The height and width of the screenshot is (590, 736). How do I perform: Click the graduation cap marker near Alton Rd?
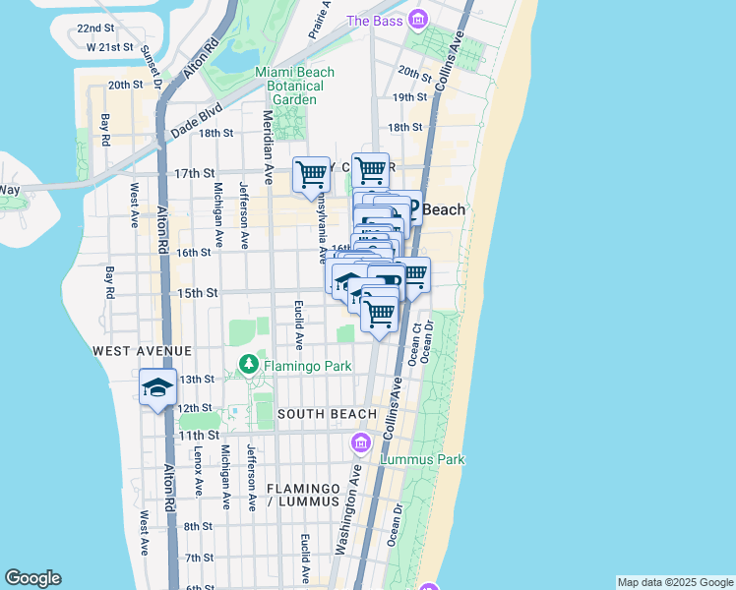[157, 387]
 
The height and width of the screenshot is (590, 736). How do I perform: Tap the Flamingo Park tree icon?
[249, 366]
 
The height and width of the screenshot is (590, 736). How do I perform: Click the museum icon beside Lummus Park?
[361, 445]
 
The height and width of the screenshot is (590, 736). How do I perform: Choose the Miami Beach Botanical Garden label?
[294, 86]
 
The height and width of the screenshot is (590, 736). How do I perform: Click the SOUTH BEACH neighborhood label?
[327, 414]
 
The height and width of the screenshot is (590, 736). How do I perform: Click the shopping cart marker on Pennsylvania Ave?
[312, 174]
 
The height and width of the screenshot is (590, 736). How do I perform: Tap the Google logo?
[32, 578]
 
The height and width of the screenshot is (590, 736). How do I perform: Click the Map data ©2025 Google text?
[674, 582]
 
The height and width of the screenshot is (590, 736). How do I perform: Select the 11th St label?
[198, 435]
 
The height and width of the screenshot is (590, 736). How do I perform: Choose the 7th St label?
[199, 558]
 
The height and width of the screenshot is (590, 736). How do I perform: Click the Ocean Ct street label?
[417, 340]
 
